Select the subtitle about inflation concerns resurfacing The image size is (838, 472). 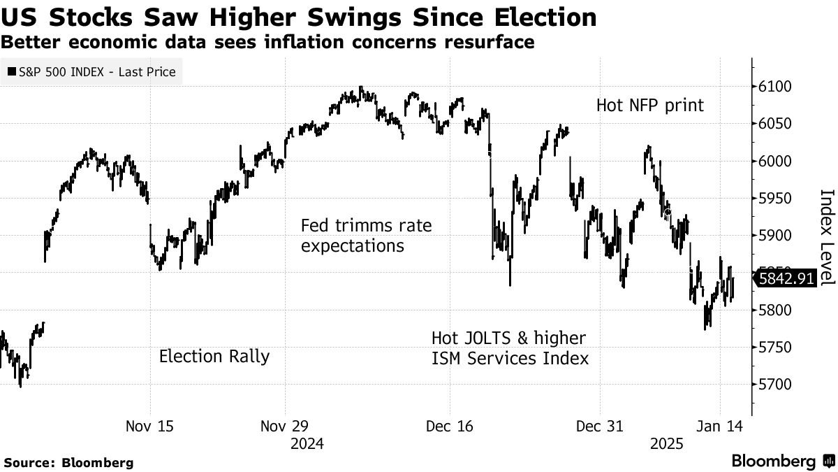point(267,42)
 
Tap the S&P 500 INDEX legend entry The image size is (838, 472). point(91,71)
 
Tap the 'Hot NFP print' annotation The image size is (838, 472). point(650,106)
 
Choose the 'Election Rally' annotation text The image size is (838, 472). point(214,356)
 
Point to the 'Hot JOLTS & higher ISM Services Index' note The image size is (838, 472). point(510,348)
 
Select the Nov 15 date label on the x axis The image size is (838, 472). point(149,427)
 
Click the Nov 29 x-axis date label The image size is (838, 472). point(285,427)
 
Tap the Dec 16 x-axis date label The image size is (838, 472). point(449,427)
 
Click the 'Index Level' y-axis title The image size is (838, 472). point(827,236)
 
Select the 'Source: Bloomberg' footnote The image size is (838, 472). point(68,462)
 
